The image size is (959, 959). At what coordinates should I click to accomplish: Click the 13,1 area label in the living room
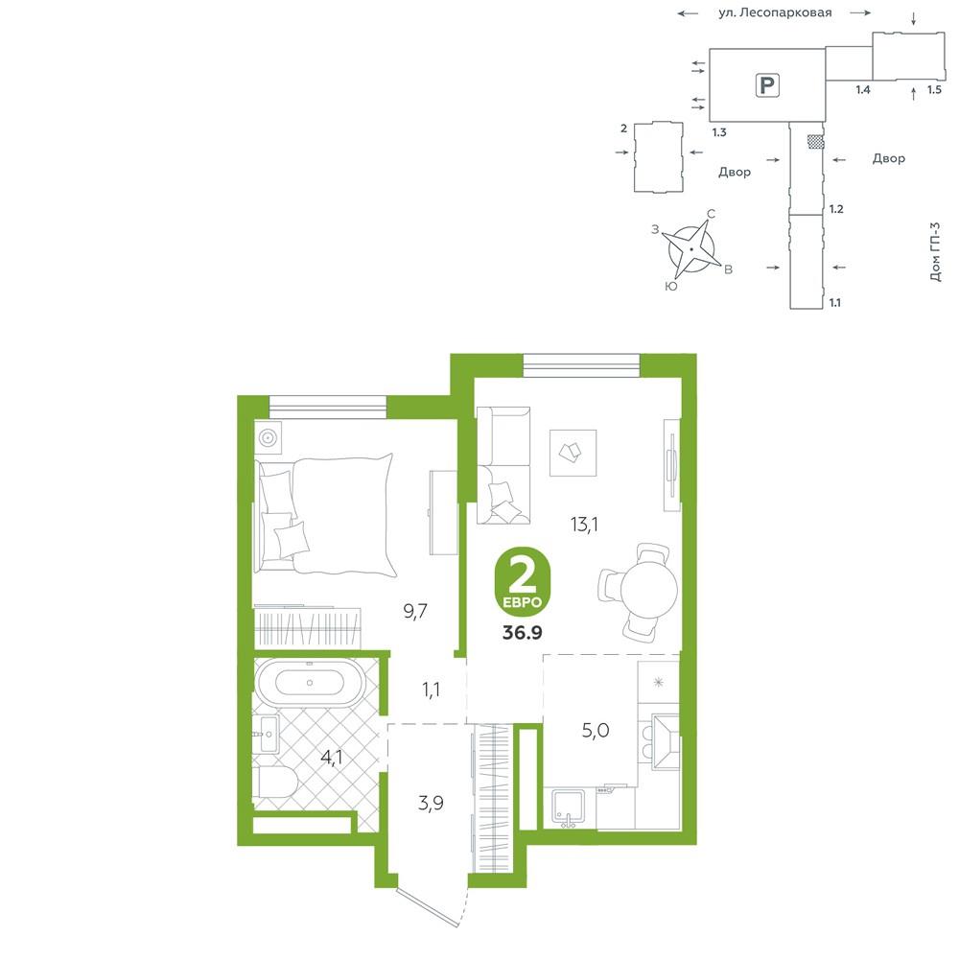coord(584,525)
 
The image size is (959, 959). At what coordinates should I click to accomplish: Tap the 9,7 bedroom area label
coord(415,611)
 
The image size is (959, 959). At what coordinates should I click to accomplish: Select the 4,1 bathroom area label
coord(332,758)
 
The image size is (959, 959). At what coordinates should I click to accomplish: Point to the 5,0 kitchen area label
coord(596,730)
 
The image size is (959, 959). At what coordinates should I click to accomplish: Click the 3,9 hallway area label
coord(432,803)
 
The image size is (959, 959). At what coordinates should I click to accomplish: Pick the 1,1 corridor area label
coord(432,690)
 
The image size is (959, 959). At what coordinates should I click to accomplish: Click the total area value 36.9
coord(523,632)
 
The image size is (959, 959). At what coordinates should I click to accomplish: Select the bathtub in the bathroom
coord(310,683)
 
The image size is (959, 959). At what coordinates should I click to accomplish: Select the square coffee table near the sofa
coord(573,453)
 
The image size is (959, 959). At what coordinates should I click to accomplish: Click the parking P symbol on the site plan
coord(766,84)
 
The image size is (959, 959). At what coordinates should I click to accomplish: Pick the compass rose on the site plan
coord(691,250)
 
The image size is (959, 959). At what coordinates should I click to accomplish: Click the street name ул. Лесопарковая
coord(775,12)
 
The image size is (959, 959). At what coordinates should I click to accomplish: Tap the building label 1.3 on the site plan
coord(719,132)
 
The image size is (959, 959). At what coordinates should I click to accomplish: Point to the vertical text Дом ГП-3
coord(934,251)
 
